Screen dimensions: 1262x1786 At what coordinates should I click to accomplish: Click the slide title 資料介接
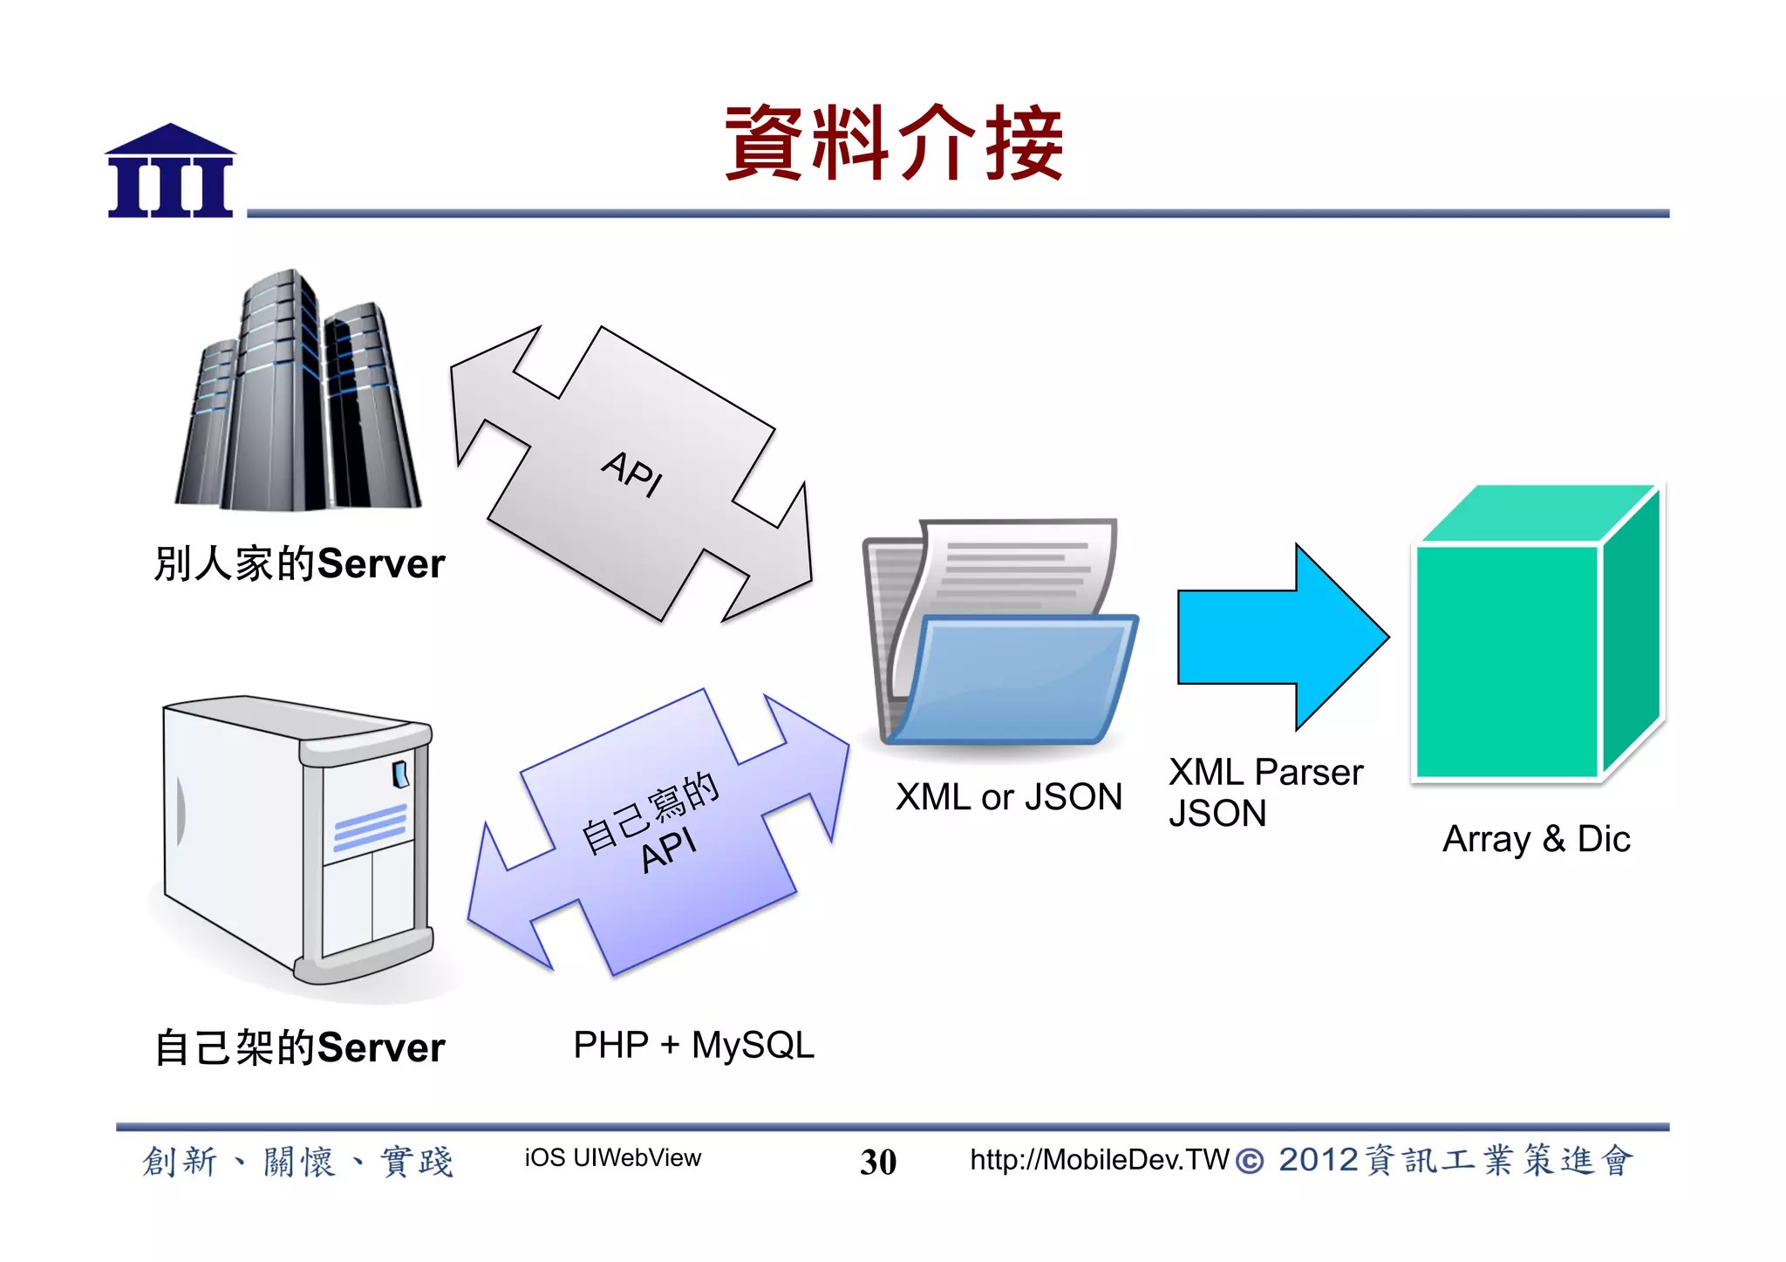point(894,144)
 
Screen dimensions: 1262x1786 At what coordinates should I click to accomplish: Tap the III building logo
point(170,172)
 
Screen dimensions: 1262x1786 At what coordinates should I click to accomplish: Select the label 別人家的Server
point(299,563)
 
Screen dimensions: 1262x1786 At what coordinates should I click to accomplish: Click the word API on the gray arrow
point(632,474)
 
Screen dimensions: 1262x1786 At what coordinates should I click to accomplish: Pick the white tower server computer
point(297,837)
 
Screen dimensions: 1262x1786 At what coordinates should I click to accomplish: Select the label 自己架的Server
point(299,1047)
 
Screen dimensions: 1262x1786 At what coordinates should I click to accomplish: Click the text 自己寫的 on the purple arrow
point(650,811)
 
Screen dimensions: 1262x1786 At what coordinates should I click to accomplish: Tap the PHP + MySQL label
point(693,1045)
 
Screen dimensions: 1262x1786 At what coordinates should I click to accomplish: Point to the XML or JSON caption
point(1009,797)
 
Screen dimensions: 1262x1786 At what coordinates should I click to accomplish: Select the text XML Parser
point(1265,773)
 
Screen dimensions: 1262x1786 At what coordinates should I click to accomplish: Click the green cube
point(1539,637)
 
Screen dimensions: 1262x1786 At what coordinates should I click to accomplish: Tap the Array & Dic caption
point(1536,839)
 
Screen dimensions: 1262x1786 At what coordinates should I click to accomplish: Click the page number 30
point(877,1162)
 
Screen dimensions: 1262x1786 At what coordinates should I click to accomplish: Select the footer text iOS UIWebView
point(612,1158)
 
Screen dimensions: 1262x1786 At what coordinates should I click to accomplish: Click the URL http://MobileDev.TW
point(1099,1160)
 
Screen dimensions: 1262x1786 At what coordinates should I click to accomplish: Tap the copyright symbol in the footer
point(1250,1162)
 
